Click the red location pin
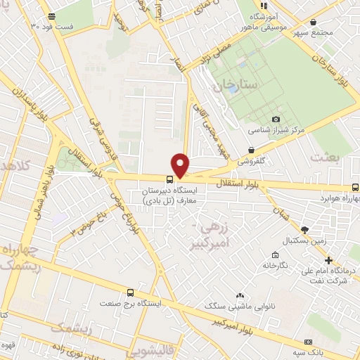(181, 165)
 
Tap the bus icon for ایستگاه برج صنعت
(130, 292)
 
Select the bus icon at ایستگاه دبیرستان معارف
(169, 179)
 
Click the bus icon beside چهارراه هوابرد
(354, 187)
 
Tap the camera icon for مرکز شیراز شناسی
(276, 119)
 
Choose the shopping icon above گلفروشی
(252, 149)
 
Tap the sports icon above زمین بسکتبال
(304, 229)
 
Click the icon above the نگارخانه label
(276, 255)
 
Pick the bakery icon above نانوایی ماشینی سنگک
(240, 295)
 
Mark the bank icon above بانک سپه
(309, 339)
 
